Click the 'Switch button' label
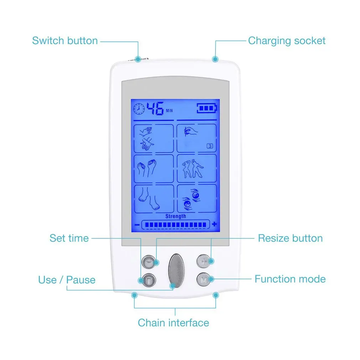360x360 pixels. click(x=65, y=41)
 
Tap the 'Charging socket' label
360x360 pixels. click(x=287, y=41)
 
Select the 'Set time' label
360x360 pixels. click(x=69, y=238)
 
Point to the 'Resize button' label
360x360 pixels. click(x=290, y=238)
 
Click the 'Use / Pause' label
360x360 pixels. click(x=67, y=279)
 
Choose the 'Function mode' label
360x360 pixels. click(x=290, y=279)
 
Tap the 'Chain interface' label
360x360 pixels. click(x=173, y=323)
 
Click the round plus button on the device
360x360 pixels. click(x=204, y=262)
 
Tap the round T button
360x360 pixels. click(x=148, y=280)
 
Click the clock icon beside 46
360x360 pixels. click(x=140, y=108)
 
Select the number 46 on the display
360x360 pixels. click(x=156, y=108)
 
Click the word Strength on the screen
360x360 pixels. click(x=175, y=216)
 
